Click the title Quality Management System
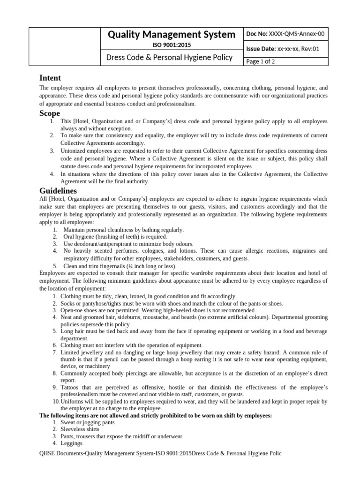coord(172,34)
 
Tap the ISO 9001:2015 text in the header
coord(172,45)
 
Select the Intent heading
coord(50,78)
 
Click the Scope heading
coord(50,113)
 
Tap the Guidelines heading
coord(58,191)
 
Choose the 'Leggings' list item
coord(71,443)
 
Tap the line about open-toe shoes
coord(158,310)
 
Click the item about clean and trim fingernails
coord(120,266)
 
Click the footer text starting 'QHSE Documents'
coord(160,454)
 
